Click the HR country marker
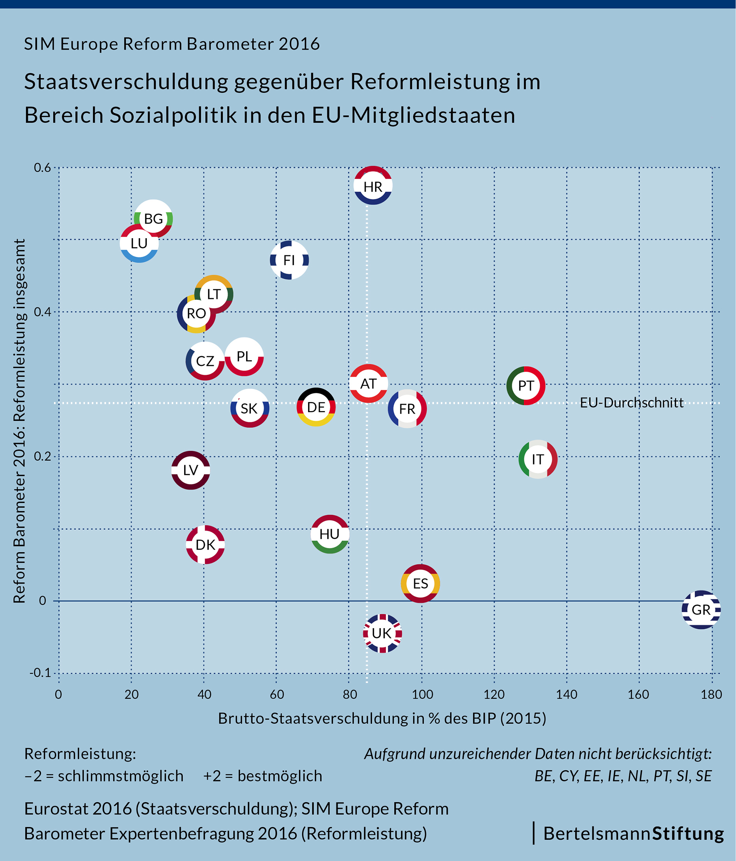click(x=373, y=185)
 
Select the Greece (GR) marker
click(x=701, y=610)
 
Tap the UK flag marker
click(x=382, y=633)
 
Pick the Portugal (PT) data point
click(x=526, y=386)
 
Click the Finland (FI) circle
click(x=289, y=260)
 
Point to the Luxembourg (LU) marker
click(x=139, y=243)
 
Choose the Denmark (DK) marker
click(x=205, y=545)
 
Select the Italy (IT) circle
click(x=538, y=459)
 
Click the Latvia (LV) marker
click(x=190, y=470)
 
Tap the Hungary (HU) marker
click(x=329, y=534)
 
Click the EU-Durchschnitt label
click(x=631, y=402)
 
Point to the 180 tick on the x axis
click(x=711, y=694)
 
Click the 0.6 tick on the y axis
click(x=42, y=168)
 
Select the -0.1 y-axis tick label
click(x=40, y=672)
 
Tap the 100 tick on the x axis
click(x=422, y=694)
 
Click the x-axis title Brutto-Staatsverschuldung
click(x=382, y=718)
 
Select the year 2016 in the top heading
click(x=299, y=44)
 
